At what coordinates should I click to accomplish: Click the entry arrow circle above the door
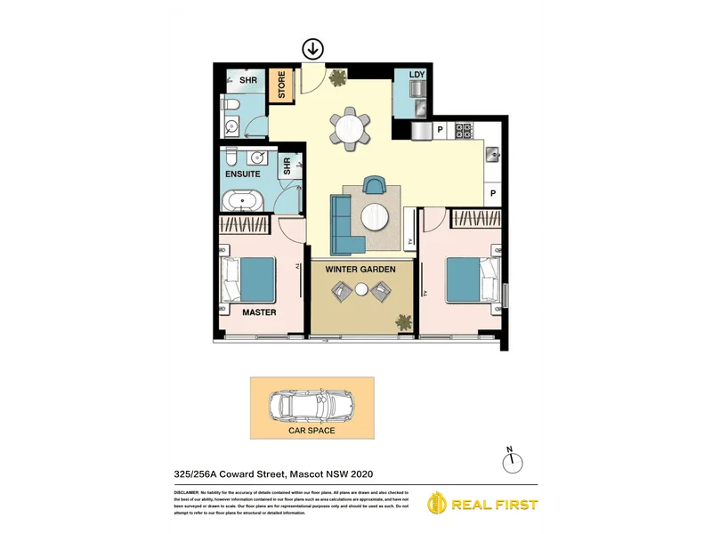314,49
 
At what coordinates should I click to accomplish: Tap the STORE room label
283,85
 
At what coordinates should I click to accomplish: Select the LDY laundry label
416,75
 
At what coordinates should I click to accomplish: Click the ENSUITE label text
242,174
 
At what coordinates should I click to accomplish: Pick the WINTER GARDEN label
361,268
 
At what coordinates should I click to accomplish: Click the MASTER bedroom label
259,312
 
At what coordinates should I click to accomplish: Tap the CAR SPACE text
311,431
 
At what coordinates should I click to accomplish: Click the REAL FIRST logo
484,505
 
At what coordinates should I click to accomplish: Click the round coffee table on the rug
376,215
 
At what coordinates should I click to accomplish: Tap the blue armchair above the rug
376,184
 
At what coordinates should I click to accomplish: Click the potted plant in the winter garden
405,321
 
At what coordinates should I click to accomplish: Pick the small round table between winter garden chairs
361,289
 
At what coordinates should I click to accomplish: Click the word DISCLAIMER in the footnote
188,492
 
